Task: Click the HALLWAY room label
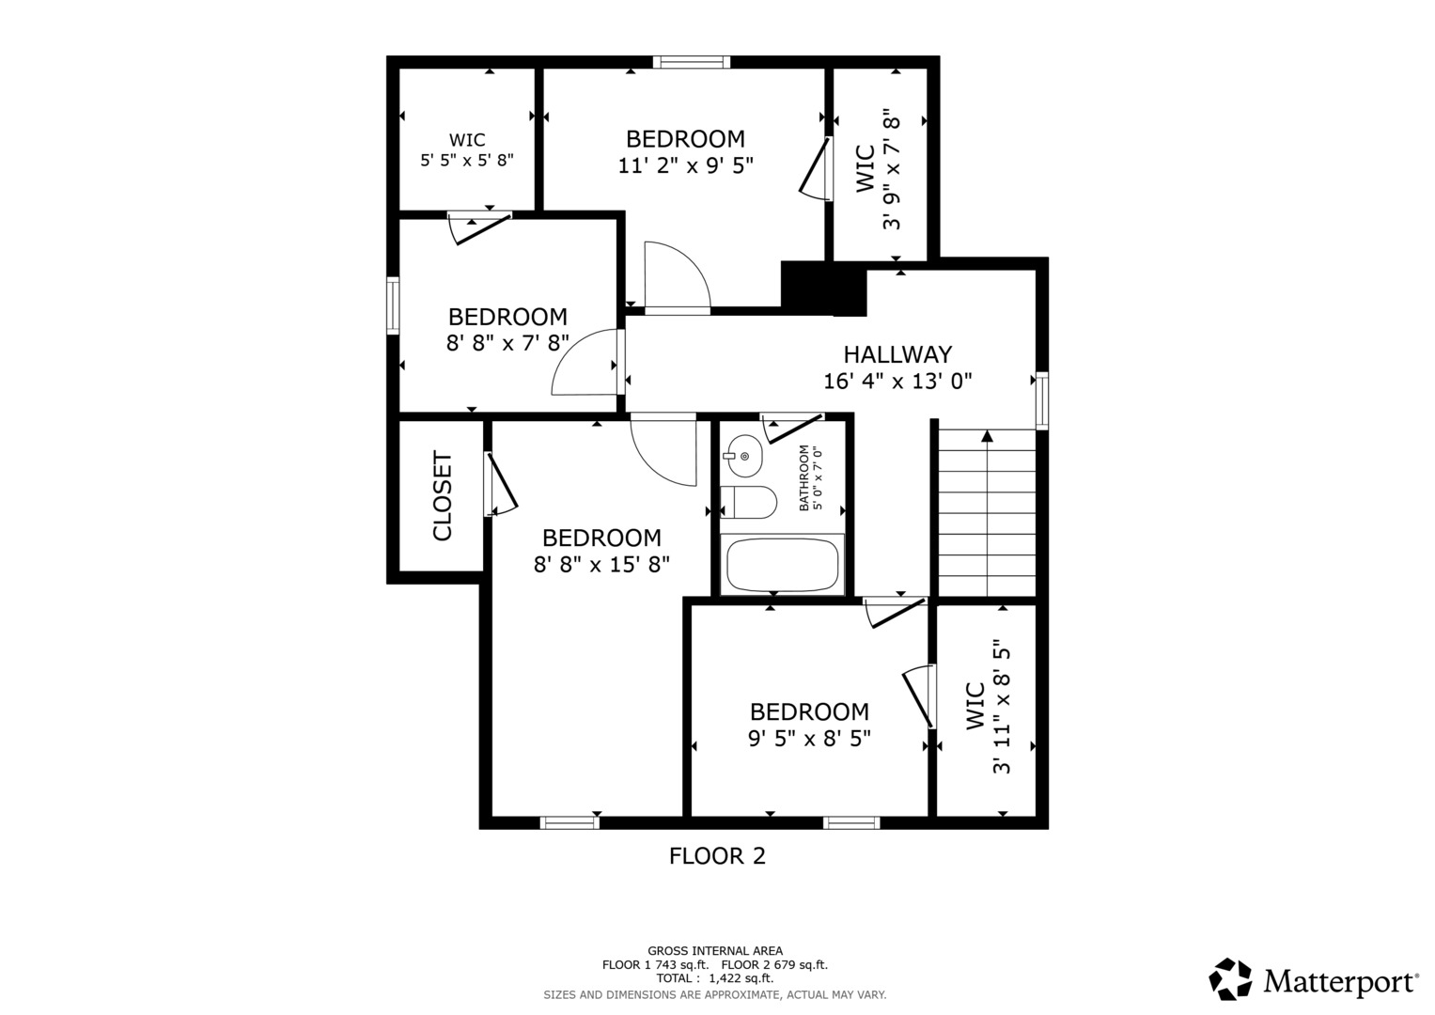coord(897,354)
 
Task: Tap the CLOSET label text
coord(443,496)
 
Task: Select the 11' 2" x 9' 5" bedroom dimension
coord(685,166)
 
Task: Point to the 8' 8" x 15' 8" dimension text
coord(601,565)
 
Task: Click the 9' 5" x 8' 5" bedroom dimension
coord(809,739)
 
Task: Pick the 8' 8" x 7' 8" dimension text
coord(507,343)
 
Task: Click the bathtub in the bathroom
coord(782,565)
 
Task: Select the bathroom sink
coord(744,456)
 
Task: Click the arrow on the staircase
coord(987,436)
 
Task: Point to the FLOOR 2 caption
coord(717,856)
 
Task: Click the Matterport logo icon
coord(1230,979)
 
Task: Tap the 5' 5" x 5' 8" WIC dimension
coord(467,160)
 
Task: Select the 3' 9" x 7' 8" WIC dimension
coord(891,169)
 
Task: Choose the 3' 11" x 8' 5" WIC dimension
coord(1002,708)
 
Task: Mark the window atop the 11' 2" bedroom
coord(692,62)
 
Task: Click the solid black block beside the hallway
coord(823,288)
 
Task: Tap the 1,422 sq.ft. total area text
coord(742,978)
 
